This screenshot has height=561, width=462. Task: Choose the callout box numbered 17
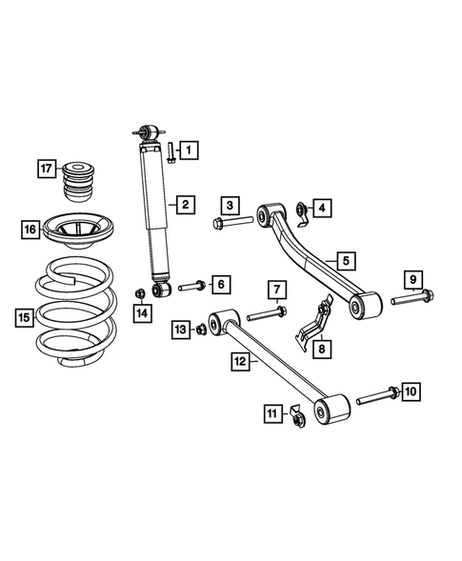47,170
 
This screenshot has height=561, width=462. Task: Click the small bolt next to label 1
168,151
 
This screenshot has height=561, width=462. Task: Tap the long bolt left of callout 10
378,393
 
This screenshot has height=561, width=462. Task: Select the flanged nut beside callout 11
296,415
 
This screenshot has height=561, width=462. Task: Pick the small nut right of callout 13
202,330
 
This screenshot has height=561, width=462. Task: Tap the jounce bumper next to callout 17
80,179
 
